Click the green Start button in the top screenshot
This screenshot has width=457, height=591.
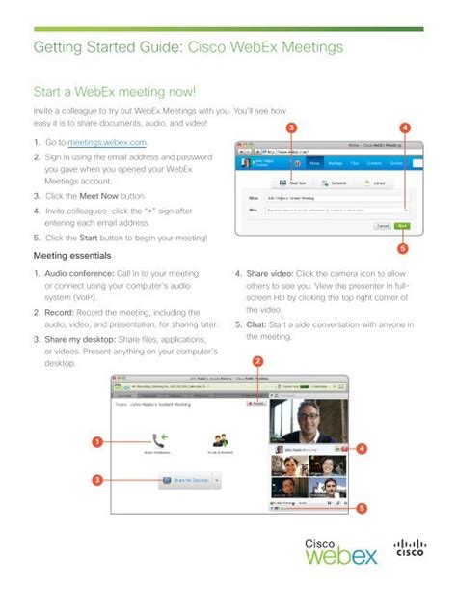pos(402,226)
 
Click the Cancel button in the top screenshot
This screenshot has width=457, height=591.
pos(383,226)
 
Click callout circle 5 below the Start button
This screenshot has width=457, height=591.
pos(403,247)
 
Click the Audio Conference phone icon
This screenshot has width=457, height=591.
pos(157,439)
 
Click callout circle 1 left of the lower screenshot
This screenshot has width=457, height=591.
pos(96,442)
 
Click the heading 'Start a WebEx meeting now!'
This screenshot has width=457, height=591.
pos(115,93)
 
